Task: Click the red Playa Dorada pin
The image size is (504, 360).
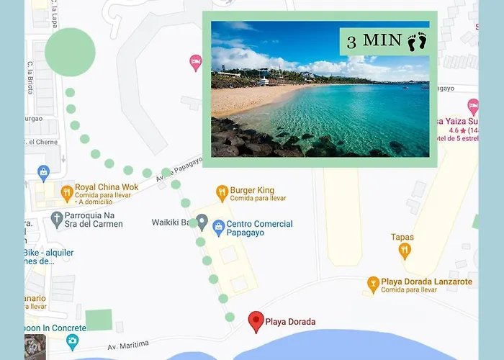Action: pyautogui.click(x=256, y=321)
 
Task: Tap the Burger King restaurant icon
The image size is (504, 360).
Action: pyautogui.click(x=222, y=192)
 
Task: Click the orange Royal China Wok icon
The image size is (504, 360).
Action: pyautogui.click(x=67, y=192)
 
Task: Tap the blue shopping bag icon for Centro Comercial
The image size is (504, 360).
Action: pyautogui.click(x=219, y=226)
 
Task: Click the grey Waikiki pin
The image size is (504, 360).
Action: pyautogui.click(x=202, y=222)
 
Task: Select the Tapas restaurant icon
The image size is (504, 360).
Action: pyautogui.click(x=405, y=251)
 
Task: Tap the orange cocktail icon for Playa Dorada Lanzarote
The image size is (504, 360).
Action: pyautogui.click(x=373, y=282)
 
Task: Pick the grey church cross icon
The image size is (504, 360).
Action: pyautogui.click(x=58, y=219)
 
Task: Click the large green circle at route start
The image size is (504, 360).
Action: pyautogui.click(x=70, y=52)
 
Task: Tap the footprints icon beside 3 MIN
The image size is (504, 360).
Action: pyautogui.click(x=417, y=42)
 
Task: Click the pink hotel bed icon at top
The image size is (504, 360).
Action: pyautogui.click(x=195, y=63)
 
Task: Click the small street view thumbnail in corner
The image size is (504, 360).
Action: pyautogui.click(x=35, y=347)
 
